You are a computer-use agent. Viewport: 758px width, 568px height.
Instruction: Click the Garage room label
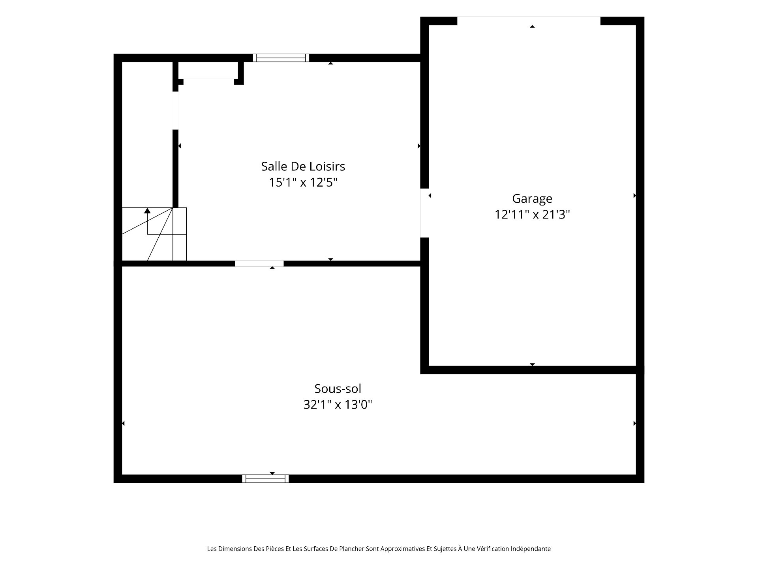(532, 198)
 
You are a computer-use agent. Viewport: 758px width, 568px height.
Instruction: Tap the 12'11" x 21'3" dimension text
(532, 215)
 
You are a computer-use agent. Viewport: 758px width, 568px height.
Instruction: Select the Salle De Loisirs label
(303, 166)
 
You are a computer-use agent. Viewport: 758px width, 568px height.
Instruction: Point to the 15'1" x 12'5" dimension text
(303, 183)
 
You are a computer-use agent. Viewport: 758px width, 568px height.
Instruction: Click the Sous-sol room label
(338, 389)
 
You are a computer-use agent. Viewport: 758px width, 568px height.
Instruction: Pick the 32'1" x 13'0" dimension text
(338, 405)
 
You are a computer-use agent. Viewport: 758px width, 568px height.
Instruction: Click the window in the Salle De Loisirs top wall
(281, 58)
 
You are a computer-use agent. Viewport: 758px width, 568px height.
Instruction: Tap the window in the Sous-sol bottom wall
(265, 479)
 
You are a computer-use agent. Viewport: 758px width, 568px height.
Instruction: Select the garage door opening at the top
(529, 21)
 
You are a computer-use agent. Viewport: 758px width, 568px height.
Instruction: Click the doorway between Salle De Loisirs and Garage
(424, 213)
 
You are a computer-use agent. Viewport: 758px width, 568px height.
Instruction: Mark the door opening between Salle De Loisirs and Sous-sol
(259, 263)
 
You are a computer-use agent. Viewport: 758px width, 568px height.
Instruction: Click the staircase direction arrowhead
(147, 210)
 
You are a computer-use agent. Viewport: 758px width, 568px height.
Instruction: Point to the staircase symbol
(154, 234)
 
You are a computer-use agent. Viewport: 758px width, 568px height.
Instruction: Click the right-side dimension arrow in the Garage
(635, 196)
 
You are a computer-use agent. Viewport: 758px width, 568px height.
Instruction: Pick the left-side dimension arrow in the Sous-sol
(123, 423)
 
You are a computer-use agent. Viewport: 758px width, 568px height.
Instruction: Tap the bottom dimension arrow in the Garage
(532, 364)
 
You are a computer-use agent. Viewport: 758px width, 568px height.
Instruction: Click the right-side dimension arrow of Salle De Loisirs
(419, 146)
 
